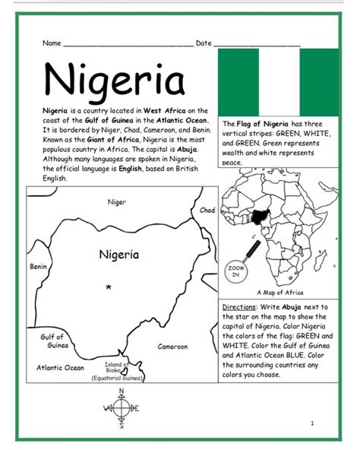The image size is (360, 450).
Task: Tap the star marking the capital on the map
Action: pyautogui.click(x=109, y=287)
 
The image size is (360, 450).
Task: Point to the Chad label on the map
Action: pyautogui.click(x=207, y=210)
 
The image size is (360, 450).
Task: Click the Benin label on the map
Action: pyautogui.click(x=38, y=267)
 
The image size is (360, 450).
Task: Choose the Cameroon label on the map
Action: pyautogui.click(x=172, y=347)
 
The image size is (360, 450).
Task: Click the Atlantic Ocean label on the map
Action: pyautogui.click(x=60, y=368)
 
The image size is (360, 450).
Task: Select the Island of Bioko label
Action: pyautogui.click(x=118, y=369)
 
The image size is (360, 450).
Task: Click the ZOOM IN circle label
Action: pyautogui.click(x=234, y=272)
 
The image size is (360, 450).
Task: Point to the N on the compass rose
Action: pyautogui.click(x=119, y=392)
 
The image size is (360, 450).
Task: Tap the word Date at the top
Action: pyautogui.click(x=204, y=43)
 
